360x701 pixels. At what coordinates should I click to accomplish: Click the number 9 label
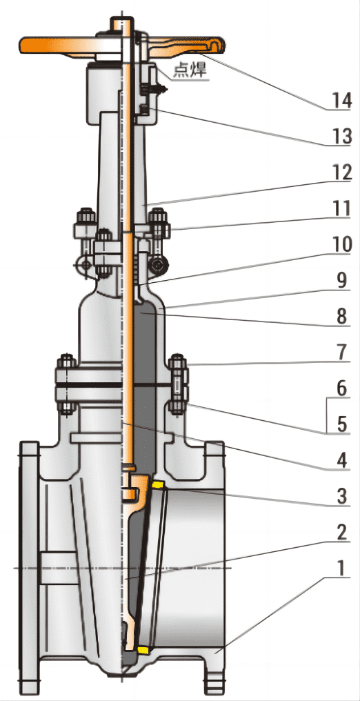[341, 281]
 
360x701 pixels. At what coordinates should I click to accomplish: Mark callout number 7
[341, 353]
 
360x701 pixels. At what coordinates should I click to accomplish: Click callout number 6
[341, 388]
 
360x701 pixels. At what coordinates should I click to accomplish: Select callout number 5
[341, 424]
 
